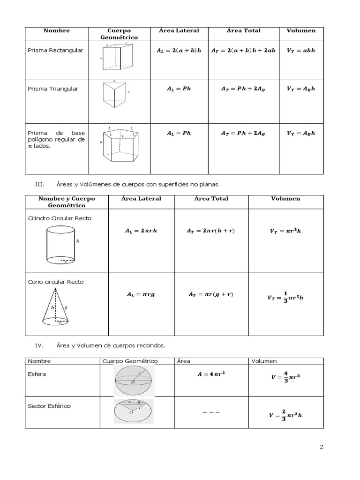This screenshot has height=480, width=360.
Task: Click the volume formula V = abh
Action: click(301, 51)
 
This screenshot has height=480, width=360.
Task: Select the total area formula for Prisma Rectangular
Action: click(243, 51)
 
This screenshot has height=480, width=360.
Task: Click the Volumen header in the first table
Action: click(301, 30)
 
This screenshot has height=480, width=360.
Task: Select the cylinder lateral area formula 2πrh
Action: click(141, 231)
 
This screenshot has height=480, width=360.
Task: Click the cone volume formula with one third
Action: click(285, 297)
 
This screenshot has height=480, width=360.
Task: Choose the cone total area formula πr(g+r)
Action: click(211, 294)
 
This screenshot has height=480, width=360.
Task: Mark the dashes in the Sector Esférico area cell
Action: click(211, 412)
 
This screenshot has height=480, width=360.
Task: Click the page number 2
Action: click(322, 447)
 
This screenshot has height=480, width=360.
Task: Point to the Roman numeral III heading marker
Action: click(39, 184)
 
